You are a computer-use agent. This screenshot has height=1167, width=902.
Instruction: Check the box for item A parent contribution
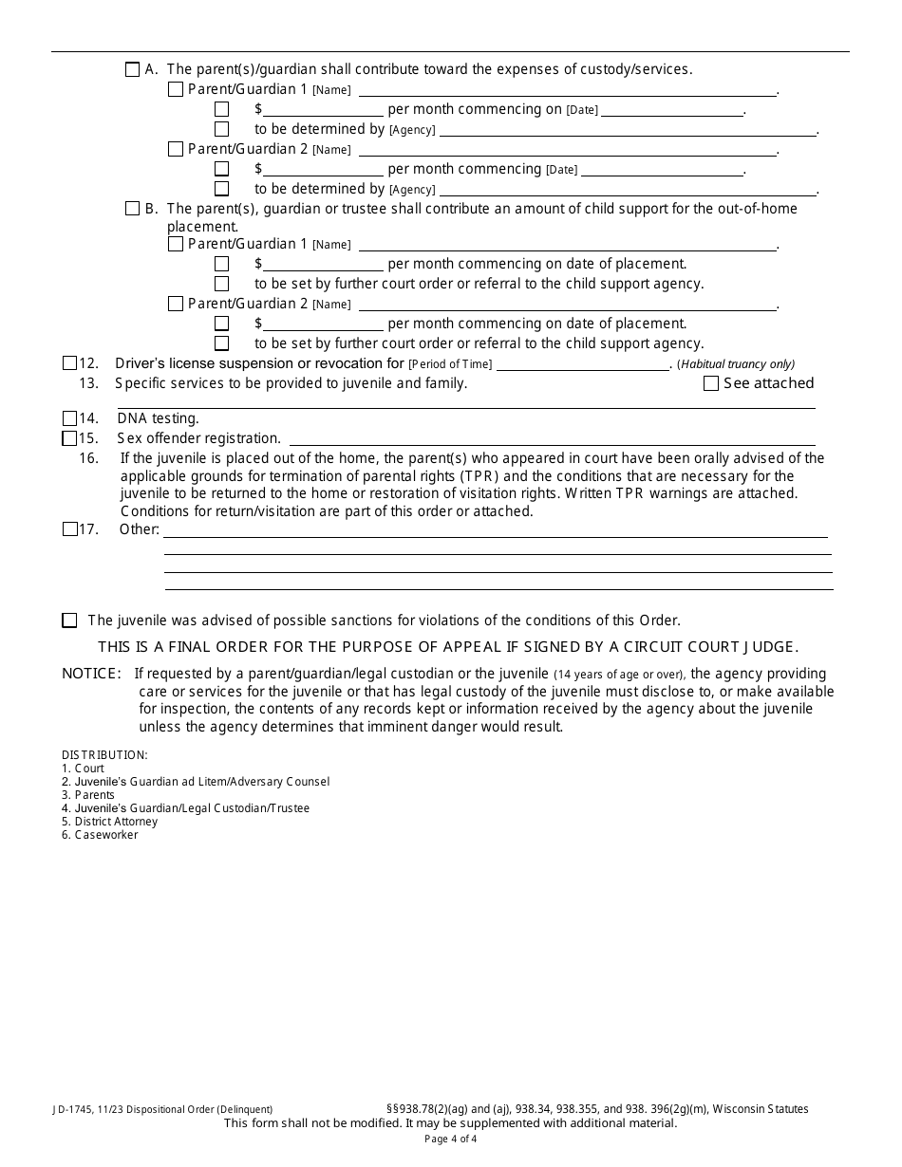tap(132, 69)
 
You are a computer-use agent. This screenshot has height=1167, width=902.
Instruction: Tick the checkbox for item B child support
tap(132, 209)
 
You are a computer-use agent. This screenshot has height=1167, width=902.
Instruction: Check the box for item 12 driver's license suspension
tap(69, 363)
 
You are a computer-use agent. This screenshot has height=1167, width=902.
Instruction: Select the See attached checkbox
tap(711, 383)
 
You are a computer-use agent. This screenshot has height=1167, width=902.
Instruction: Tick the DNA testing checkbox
tap(69, 418)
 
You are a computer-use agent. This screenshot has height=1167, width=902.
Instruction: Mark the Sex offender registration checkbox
tap(69, 438)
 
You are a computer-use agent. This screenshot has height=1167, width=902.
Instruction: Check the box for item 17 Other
tap(69, 529)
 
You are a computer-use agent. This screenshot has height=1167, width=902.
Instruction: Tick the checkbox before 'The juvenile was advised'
tap(69, 621)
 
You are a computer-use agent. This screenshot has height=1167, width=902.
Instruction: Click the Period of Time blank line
tap(583, 364)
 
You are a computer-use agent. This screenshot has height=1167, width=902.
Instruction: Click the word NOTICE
tap(91, 674)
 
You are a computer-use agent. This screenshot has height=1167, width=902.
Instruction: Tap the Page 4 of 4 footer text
tap(451, 1139)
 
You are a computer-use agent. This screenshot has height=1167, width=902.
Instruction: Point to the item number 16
tap(88, 458)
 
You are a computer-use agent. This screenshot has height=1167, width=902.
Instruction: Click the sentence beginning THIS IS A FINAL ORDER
tap(448, 647)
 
